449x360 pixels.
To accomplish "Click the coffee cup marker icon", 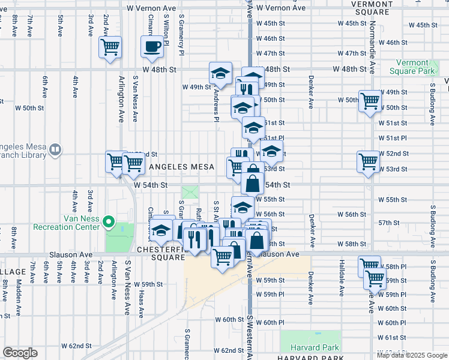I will click(152, 47).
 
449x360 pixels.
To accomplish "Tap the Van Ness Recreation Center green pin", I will click(109, 223).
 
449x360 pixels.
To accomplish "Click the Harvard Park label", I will click(315, 347).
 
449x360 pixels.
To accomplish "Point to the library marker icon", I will click(55, 148).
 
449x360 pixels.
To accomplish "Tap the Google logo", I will click(20, 353).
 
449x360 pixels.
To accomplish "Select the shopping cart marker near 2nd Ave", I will click(110, 47).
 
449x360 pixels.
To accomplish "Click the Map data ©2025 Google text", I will click(412, 355).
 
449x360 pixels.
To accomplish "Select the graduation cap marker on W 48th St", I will click(220, 73).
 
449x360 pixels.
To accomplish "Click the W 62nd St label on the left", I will click(76, 346).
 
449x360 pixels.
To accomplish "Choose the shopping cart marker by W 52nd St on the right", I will click(368, 161).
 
